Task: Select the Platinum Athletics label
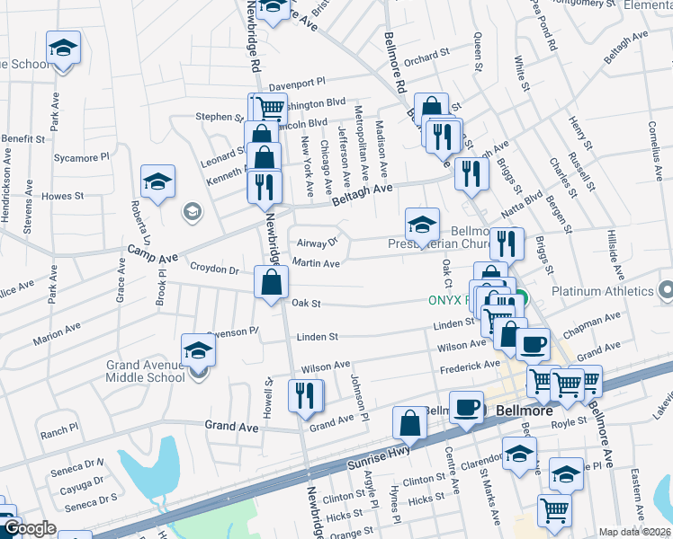pyautogui.click(x=601, y=291)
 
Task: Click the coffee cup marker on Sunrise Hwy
pyautogui.click(x=466, y=407)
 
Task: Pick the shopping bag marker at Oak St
pyautogui.click(x=271, y=284)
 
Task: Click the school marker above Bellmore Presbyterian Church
pyautogui.click(x=421, y=225)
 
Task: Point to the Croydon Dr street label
pyautogui.click(x=214, y=269)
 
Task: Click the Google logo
pyautogui.click(x=29, y=528)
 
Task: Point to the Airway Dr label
pyautogui.click(x=318, y=242)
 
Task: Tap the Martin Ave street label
pyautogui.click(x=316, y=263)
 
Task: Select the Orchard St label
pyautogui.click(x=426, y=57)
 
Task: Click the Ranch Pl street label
pyautogui.click(x=59, y=432)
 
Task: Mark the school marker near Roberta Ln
pyautogui.click(x=157, y=181)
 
